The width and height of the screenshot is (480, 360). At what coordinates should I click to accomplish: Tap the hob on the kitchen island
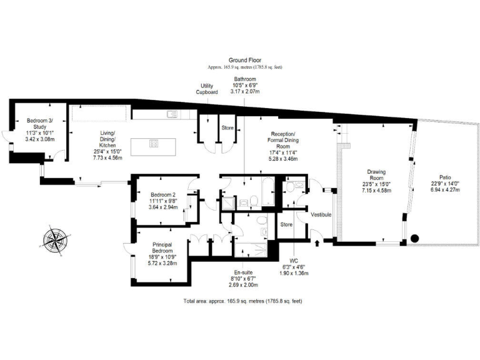coord(154,143)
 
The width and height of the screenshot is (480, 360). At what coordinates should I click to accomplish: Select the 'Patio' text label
coord(445,177)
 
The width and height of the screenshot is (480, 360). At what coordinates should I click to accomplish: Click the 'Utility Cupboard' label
coord(207,89)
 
